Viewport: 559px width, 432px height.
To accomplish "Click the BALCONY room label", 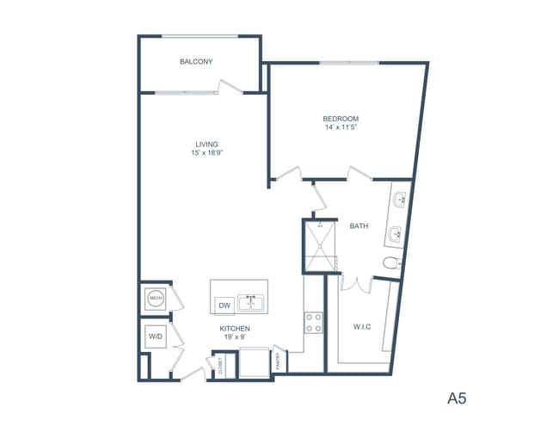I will pos(196,62).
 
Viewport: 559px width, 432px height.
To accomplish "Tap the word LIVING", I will pos(206,144).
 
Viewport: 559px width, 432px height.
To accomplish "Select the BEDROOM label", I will pos(341,119).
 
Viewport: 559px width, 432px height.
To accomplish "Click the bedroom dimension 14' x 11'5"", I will pos(341,128).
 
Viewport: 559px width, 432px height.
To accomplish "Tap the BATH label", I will pos(359,226).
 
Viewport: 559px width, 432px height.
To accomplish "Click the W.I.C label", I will pos(362,326).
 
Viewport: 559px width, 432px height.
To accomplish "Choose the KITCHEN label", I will pos(235,329).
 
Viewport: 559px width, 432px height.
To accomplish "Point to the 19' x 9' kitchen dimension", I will pos(235,338).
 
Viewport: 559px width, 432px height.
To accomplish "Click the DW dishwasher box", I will pos(224,305).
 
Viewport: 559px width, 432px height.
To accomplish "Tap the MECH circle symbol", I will pos(156,299).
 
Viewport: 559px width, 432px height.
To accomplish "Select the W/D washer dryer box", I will pos(156,336).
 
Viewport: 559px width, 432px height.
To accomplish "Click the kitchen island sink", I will pos(252,303).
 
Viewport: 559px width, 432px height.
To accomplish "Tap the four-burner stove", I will pos(314,323).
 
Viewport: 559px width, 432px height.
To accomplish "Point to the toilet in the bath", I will pos(392,262).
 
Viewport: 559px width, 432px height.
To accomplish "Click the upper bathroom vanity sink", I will pos(400,201).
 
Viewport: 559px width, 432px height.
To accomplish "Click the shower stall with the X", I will pos(321,247).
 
